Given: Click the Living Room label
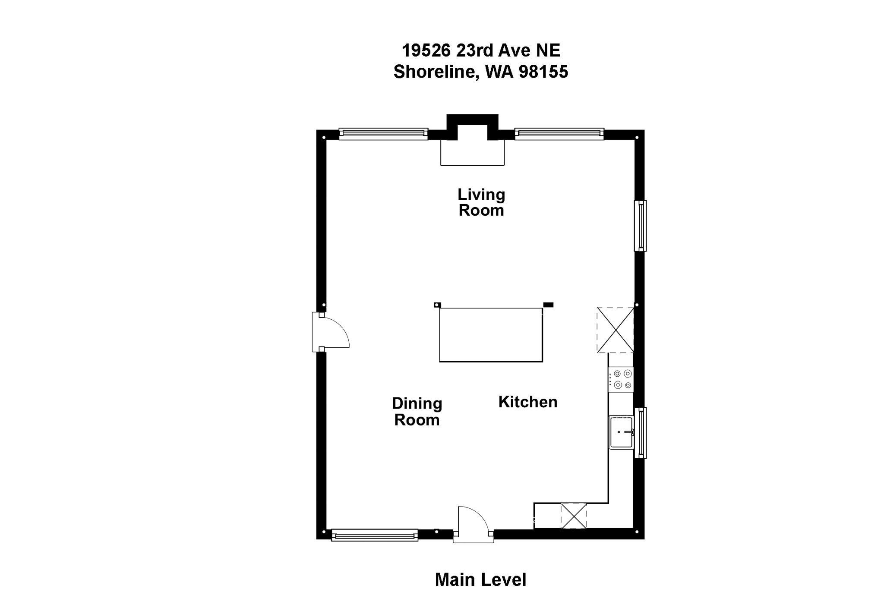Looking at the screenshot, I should pyautogui.click(x=481, y=202).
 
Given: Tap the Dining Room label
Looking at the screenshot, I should pyautogui.click(x=417, y=411).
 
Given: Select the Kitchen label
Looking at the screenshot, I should pyautogui.click(x=527, y=402).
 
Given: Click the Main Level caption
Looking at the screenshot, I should pyautogui.click(x=480, y=579).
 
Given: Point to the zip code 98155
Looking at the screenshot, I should pyautogui.click(x=543, y=72).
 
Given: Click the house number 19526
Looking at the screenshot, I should pyautogui.click(x=426, y=50).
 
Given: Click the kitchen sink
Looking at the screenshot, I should pyautogui.click(x=621, y=432).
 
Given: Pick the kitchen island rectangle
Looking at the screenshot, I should pyautogui.click(x=491, y=334).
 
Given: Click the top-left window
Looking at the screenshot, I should pyautogui.click(x=383, y=134).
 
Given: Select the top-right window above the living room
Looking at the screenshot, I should pyautogui.click(x=559, y=134).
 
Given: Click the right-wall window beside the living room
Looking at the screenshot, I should pyautogui.click(x=640, y=225).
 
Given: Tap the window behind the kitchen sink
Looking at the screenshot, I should pyautogui.click(x=640, y=432).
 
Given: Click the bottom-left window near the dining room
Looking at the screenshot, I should pyautogui.click(x=374, y=535).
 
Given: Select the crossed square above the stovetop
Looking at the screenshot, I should pyautogui.click(x=616, y=330).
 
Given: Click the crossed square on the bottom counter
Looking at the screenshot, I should pyautogui.click(x=574, y=516).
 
